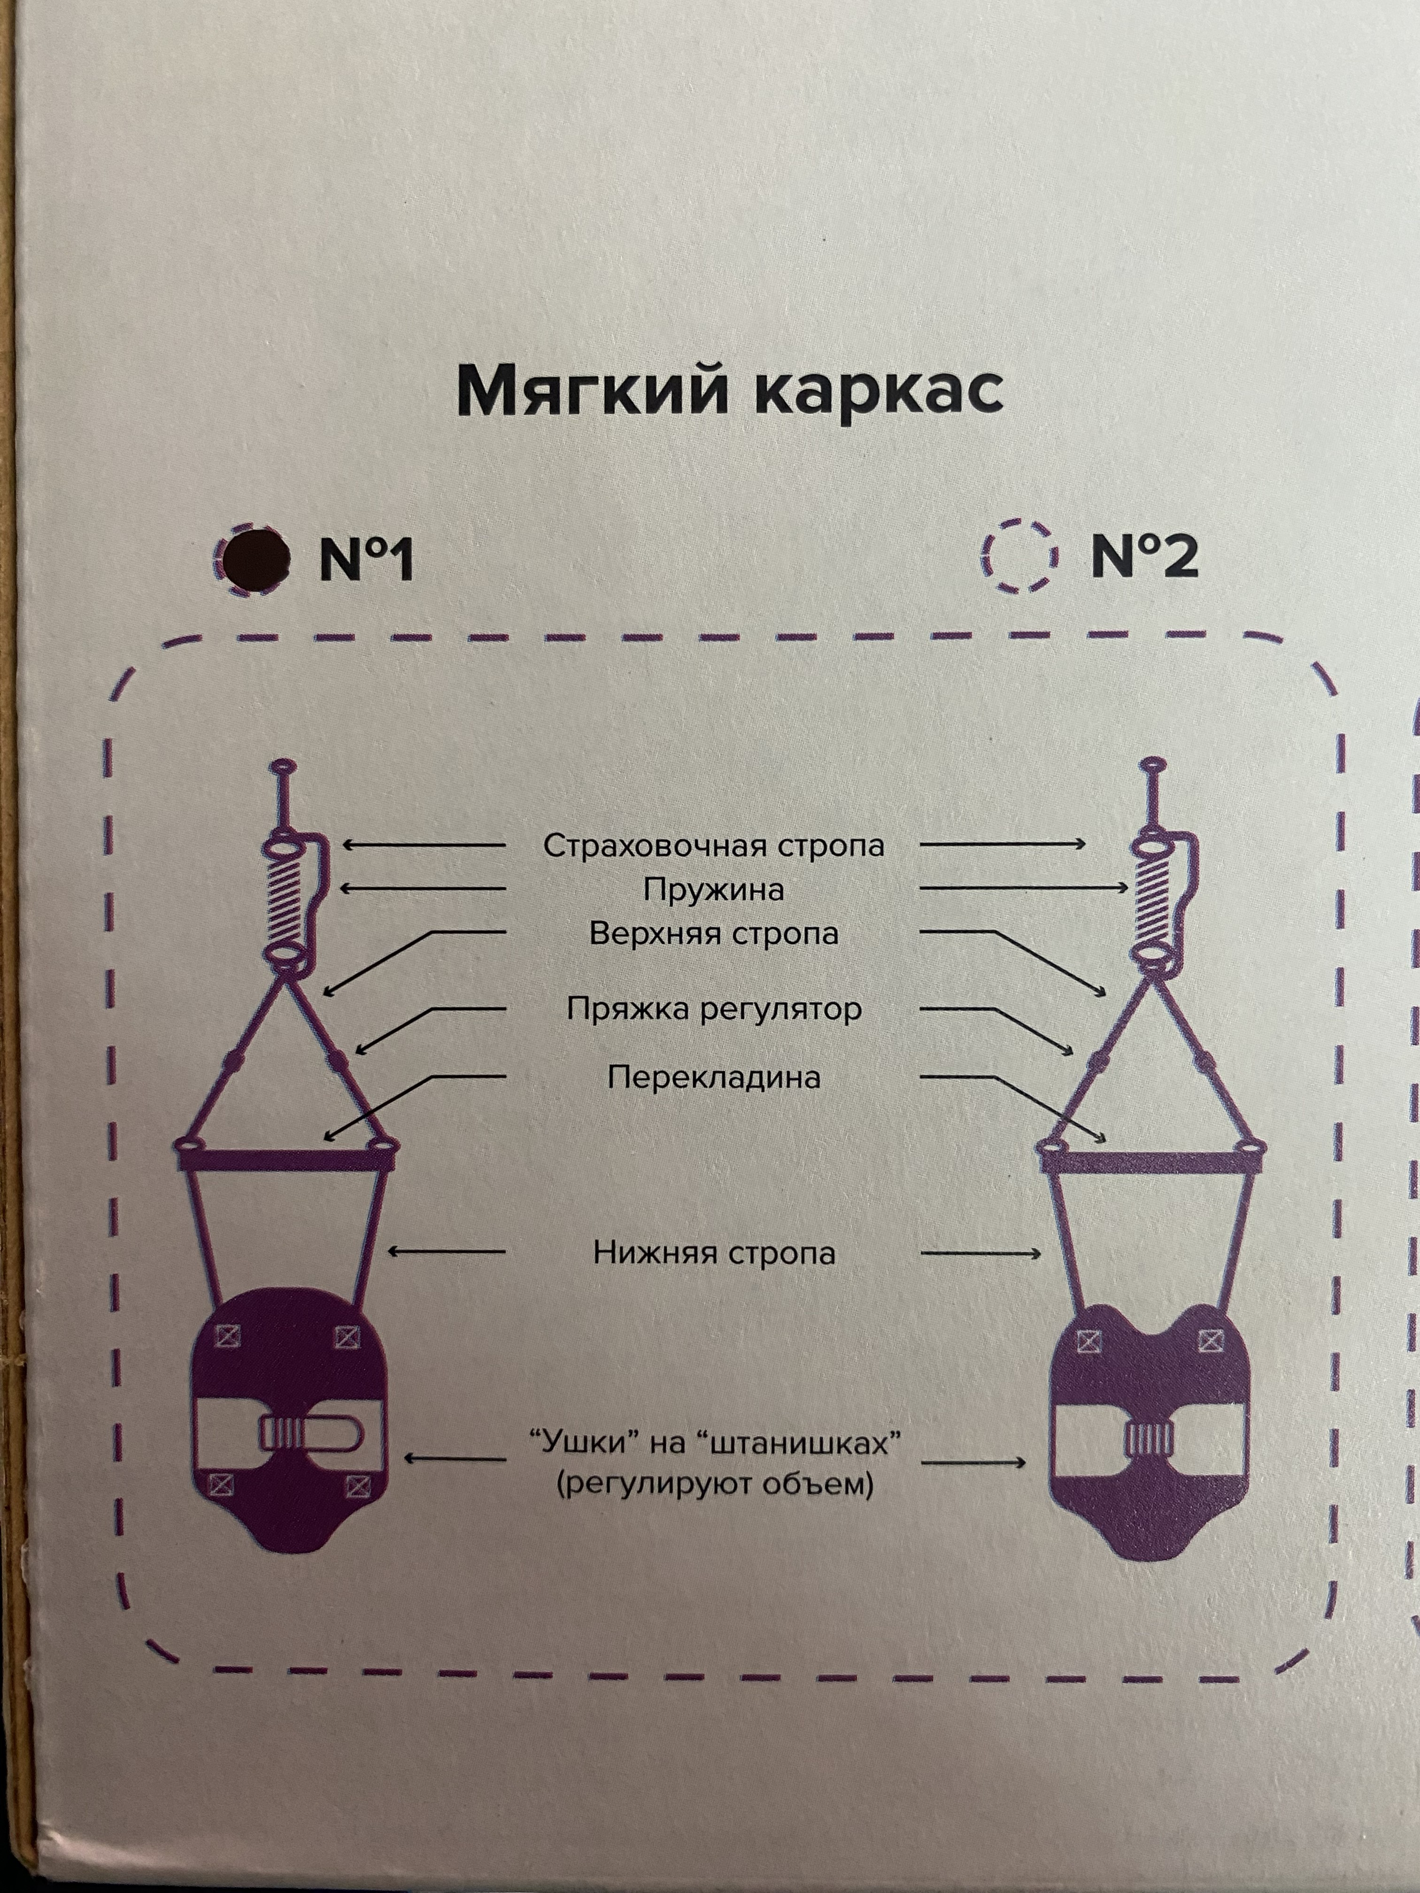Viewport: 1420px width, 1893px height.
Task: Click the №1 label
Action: point(366,561)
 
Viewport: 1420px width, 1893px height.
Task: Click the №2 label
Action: point(1144,557)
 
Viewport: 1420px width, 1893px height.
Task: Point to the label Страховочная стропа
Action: point(713,846)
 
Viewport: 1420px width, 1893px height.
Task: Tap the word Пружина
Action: point(713,890)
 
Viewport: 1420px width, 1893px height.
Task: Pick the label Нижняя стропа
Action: point(713,1253)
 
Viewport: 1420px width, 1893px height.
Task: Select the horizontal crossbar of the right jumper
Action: point(1152,1162)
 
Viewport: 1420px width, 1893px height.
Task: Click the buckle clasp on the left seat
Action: point(310,1432)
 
